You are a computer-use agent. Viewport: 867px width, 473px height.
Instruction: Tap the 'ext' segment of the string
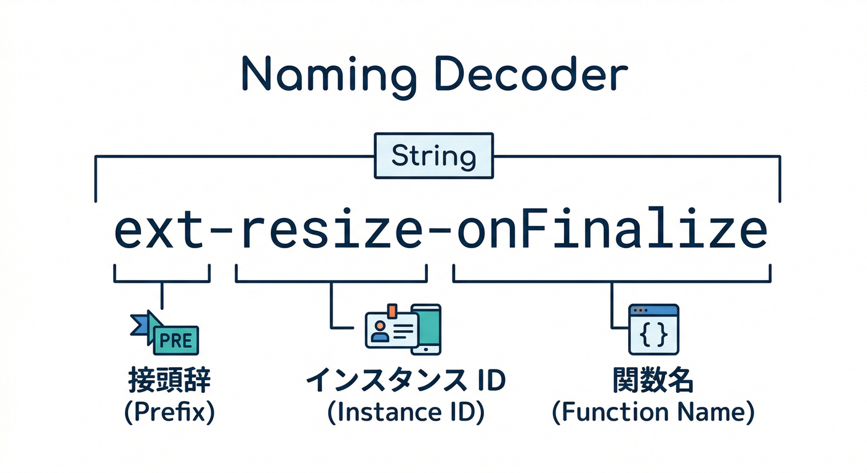click(x=161, y=231)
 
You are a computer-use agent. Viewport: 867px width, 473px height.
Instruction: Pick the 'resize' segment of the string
click(x=331, y=231)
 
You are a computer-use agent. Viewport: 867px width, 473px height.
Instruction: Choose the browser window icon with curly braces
click(x=653, y=329)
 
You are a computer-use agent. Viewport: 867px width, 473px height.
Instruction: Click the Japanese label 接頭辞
click(x=169, y=381)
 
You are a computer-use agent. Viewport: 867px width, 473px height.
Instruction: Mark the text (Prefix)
click(x=169, y=411)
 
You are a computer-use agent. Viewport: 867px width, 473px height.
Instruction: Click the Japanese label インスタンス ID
click(x=405, y=381)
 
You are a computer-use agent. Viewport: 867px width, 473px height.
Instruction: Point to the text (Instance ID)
click(x=405, y=411)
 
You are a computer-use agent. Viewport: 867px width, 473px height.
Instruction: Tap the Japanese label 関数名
click(x=653, y=381)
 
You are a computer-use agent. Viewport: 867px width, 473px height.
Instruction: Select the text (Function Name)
click(x=653, y=411)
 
